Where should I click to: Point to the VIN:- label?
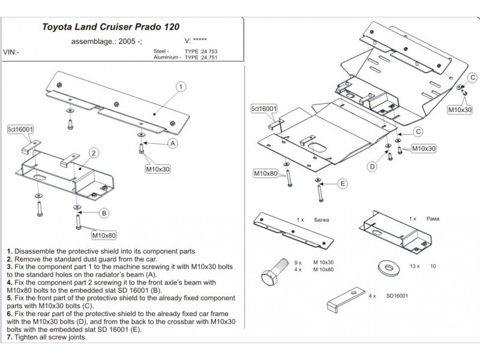[10, 52]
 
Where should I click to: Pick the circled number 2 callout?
[94, 153]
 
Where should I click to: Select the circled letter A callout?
[172, 143]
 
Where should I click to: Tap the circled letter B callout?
[103, 212]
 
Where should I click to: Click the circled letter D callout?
[372, 166]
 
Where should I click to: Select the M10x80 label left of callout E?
[265, 173]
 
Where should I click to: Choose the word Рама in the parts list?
[432, 220]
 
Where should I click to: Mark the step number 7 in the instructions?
[8, 337]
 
